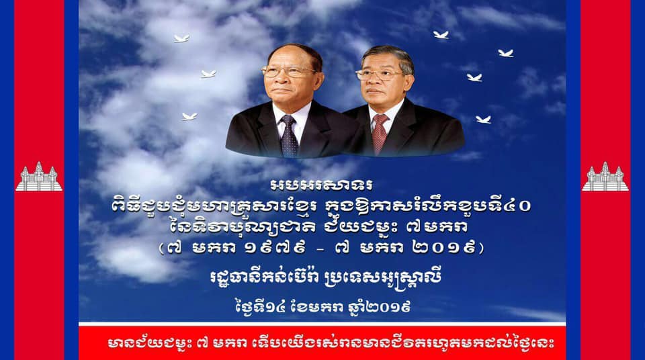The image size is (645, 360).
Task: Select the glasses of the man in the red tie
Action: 378,75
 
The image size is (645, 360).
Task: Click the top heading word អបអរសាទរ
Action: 322,185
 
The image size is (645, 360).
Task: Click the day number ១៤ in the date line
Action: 275,307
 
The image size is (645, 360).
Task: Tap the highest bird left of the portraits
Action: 181,39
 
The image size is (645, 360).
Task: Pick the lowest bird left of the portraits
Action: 189,116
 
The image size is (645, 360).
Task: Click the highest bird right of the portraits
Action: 441,35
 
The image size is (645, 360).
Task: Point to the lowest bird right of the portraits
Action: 483,120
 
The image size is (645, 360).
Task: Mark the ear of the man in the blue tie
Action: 319,78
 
